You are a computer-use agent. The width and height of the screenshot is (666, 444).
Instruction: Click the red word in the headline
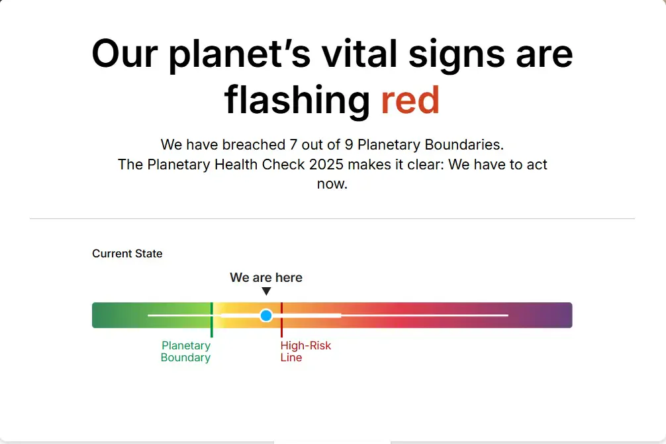click(x=410, y=100)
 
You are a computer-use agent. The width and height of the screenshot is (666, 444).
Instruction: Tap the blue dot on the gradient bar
click(x=266, y=316)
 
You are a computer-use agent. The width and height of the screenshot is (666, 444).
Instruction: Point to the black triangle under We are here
click(x=266, y=291)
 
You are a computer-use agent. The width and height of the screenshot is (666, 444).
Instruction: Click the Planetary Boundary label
click(x=185, y=351)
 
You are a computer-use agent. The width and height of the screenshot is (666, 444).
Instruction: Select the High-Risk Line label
click(x=305, y=351)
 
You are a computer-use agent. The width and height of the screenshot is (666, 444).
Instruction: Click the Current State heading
click(x=127, y=253)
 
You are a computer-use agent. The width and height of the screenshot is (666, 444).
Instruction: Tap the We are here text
click(x=266, y=278)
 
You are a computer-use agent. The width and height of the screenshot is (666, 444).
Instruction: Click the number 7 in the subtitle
click(x=293, y=145)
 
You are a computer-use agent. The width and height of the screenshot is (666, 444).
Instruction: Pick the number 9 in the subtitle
click(x=349, y=145)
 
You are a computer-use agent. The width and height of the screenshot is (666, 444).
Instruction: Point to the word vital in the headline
click(x=359, y=54)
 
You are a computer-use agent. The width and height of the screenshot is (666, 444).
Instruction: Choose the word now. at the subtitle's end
click(x=332, y=184)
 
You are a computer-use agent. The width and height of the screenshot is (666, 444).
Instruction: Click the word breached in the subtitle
click(x=254, y=145)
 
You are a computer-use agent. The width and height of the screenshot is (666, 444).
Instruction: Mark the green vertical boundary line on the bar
click(x=212, y=320)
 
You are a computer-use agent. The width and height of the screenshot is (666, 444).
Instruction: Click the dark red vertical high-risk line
click(x=281, y=320)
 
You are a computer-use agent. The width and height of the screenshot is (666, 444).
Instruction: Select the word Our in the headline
click(x=124, y=54)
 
